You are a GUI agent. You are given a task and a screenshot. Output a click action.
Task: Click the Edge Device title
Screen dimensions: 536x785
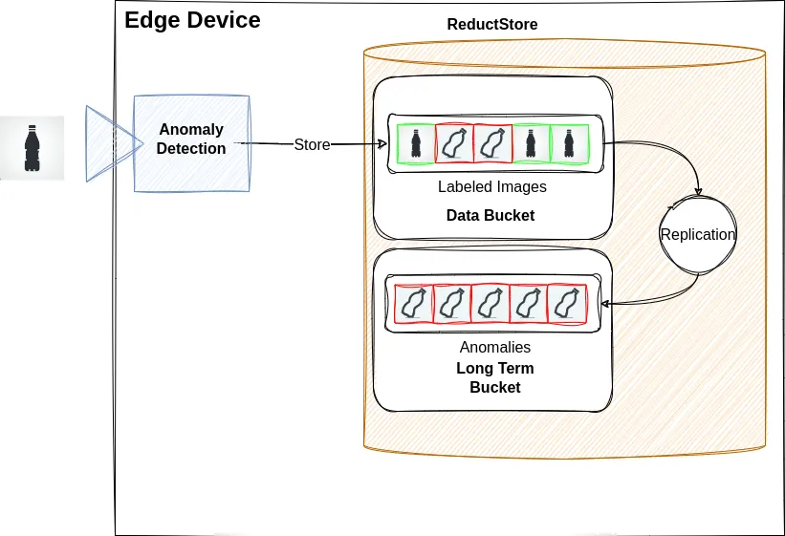[x=192, y=20]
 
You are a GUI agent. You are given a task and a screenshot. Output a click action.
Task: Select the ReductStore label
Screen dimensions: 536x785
[x=492, y=24]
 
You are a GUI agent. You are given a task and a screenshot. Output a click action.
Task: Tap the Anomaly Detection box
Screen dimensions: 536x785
[x=191, y=139]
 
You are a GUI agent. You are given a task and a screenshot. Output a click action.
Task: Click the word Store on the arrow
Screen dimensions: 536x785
[x=312, y=145]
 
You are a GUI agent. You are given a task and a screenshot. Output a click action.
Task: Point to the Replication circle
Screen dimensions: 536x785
[x=698, y=234]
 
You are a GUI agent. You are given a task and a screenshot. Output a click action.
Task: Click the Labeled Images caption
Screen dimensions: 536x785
[x=491, y=187]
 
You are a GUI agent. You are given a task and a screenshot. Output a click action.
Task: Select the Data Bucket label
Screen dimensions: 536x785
[x=490, y=215]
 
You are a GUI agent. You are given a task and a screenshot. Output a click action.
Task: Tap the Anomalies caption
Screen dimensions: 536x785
[x=494, y=347]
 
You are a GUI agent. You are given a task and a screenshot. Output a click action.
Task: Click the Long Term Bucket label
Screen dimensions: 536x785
[x=494, y=377]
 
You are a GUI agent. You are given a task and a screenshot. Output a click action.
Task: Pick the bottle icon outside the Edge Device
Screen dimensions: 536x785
[x=32, y=148]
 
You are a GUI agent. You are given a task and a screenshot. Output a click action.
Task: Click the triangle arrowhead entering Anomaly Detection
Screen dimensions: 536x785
[x=107, y=142]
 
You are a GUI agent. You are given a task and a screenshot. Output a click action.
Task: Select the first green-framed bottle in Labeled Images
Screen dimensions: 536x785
[x=415, y=144]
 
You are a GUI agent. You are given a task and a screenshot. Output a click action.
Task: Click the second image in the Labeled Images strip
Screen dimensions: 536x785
[x=453, y=144]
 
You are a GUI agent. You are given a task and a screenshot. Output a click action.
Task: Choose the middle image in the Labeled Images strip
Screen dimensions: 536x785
[x=491, y=144]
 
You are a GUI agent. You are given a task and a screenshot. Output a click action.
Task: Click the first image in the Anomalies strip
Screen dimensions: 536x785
[x=413, y=304]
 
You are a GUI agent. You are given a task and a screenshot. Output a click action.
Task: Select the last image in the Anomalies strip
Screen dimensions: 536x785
[x=566, y=304]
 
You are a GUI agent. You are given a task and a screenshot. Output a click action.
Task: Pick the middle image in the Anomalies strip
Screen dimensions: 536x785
[x=490, y=304]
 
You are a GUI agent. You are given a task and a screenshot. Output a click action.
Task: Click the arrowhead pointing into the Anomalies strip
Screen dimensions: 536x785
[x=606, y=304]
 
